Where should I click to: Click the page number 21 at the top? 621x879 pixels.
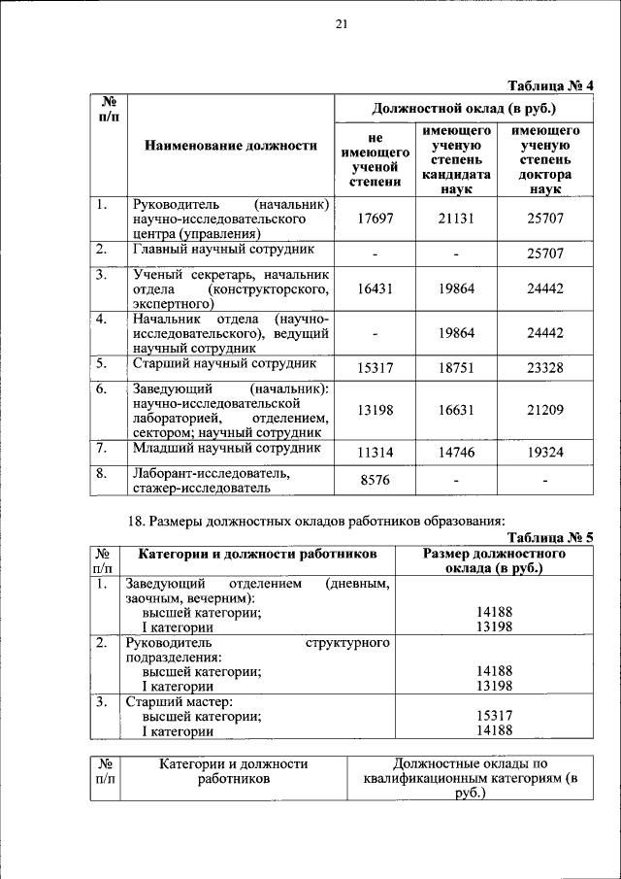[x=341, y=25]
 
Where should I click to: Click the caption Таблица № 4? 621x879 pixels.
[x=550, y=85]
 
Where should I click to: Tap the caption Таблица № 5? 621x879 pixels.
[x=550, y=536]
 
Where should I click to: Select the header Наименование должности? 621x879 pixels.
[x=231, y=146]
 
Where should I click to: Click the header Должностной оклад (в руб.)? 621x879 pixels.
[x=464, y=108]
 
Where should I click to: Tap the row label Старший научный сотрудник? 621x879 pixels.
[x=225, y=363]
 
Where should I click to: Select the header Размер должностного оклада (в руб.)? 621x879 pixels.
[x=495, y=560]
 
